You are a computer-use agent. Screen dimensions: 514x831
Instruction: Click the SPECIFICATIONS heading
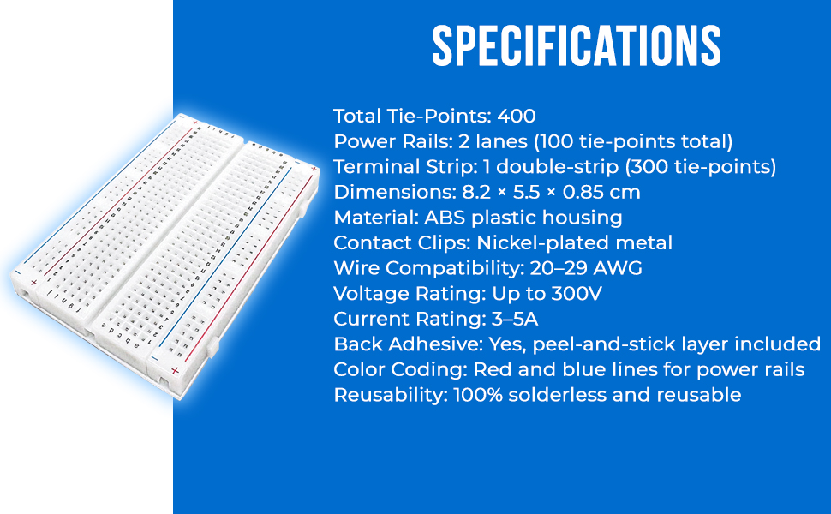(577, 46)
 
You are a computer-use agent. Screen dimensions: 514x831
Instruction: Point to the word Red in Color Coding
(491, 370)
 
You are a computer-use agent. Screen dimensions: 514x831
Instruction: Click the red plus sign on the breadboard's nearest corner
(175, 371)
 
